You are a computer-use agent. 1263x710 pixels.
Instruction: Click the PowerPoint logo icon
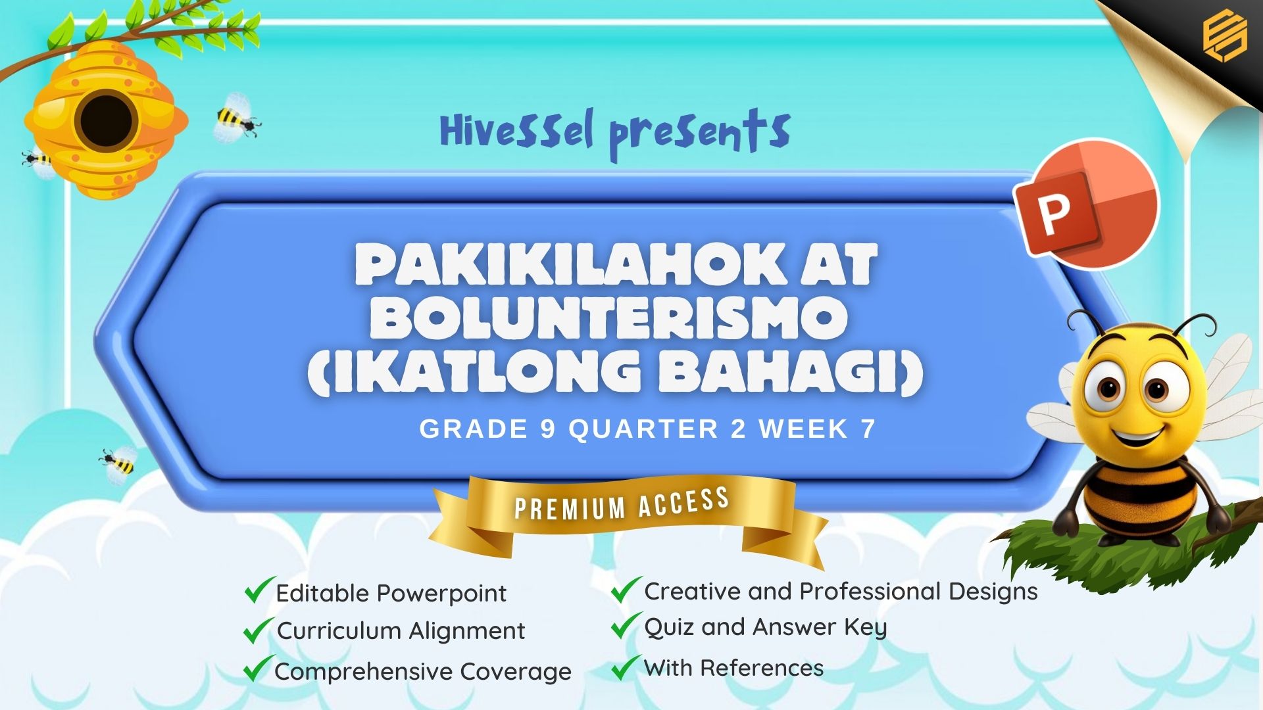(1085, 204)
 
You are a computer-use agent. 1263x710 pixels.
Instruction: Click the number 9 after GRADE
(549, 429)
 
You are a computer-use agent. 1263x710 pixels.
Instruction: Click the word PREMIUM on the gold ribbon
(570, 508)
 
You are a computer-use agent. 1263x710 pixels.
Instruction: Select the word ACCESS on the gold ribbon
(683, 501)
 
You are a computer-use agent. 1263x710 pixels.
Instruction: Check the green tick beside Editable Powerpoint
(259, 590)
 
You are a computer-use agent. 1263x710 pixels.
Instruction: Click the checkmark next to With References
(626, 667)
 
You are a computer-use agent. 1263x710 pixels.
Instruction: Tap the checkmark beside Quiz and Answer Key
(626, 625)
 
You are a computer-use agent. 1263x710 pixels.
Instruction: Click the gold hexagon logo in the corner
(1224, 37)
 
